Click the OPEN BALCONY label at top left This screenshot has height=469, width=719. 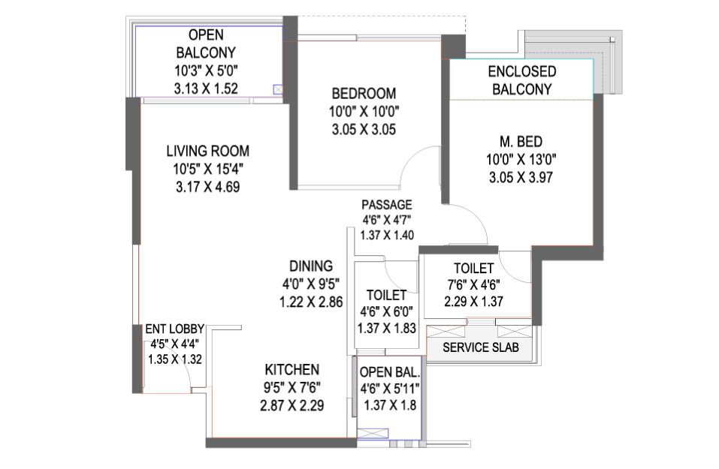206,44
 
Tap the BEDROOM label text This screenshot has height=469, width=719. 364,94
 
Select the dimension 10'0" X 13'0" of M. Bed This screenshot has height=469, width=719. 521,159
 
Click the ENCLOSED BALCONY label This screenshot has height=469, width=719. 522,80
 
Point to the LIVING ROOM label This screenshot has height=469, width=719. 207,151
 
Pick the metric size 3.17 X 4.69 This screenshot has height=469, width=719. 207,187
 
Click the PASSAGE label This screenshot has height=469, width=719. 387,204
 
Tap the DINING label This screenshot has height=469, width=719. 311,266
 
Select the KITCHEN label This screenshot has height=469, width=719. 292,370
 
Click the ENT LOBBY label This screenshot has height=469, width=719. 175,329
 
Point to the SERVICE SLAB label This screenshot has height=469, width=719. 481,347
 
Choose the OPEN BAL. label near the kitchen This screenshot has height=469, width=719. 390,372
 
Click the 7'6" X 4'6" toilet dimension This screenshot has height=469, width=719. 473,285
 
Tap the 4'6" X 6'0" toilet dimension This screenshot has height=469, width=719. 387,311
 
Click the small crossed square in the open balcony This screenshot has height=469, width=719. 278,90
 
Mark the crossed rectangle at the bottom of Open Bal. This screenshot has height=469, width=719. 373,433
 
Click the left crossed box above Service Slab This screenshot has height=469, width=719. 446,331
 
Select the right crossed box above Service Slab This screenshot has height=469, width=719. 515,331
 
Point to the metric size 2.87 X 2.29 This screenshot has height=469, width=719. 292,406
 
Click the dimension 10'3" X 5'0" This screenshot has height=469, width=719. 206,71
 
